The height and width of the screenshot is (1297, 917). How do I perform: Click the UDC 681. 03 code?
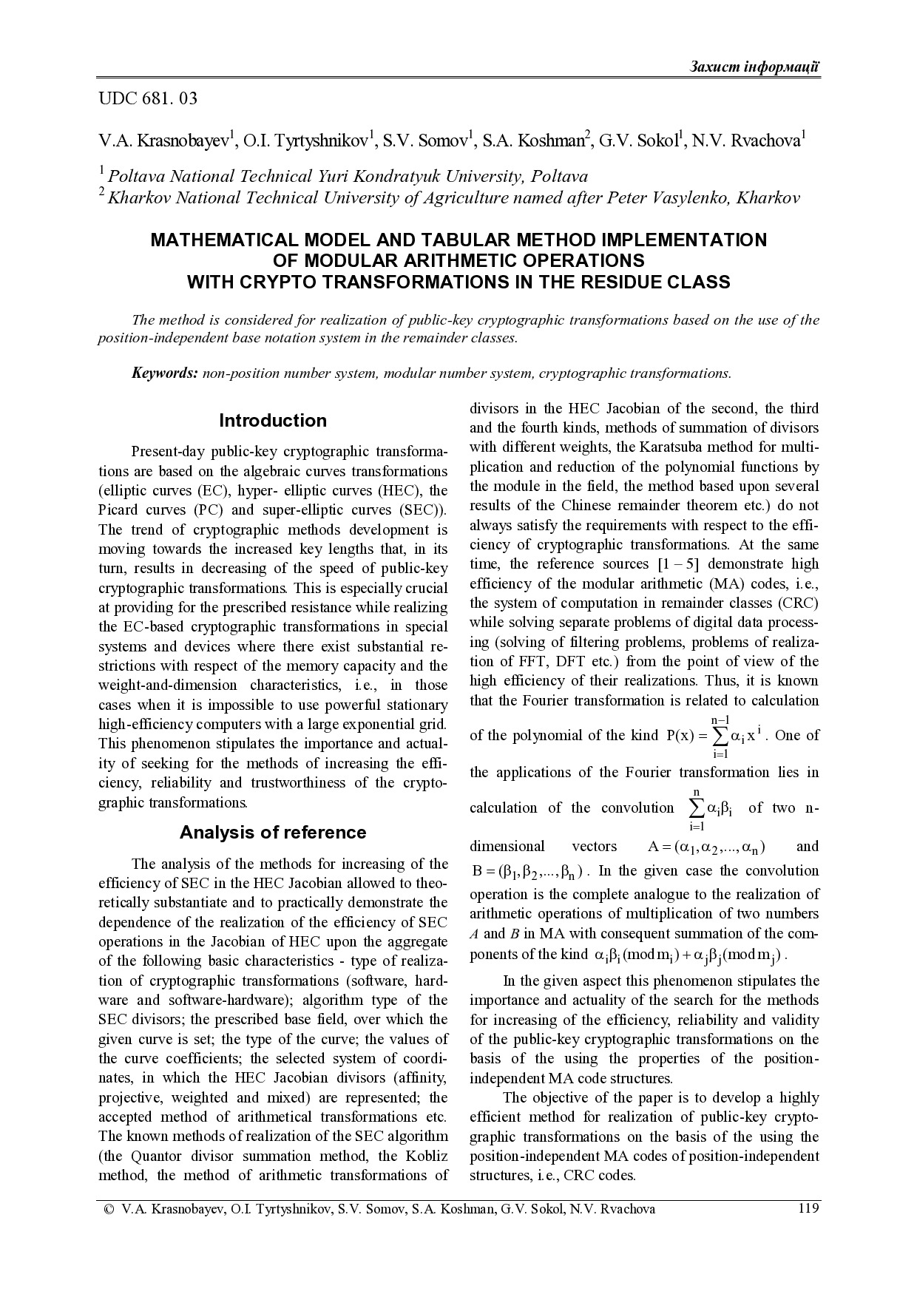148,98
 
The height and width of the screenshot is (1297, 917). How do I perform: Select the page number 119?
808,1209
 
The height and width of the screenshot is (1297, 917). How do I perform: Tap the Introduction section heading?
273,421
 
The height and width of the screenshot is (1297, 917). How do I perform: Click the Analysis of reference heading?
273,833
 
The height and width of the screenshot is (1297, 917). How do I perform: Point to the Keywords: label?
164,373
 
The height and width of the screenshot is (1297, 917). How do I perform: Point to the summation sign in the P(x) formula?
720,736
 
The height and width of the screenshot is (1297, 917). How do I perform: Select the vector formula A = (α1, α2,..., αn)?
706,847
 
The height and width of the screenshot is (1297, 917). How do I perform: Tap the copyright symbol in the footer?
109,1210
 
